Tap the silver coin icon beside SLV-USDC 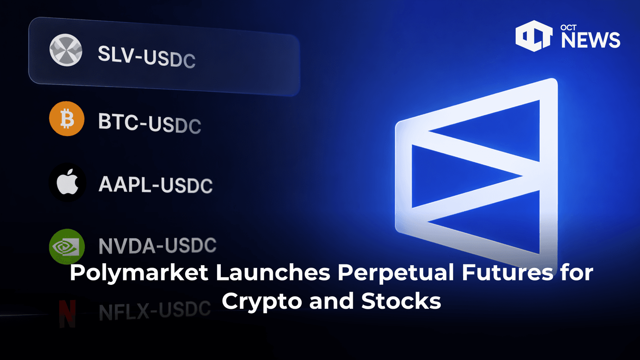pos(66,50)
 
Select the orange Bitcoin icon pos(67,119)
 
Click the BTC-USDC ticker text pos(150,123)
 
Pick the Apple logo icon pos(67,182)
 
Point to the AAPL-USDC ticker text pos(156,185)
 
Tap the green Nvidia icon pos(67,246)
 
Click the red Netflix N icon pos(67,313)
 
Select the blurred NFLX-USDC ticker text pos(155,310)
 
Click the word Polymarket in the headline pos(139,273)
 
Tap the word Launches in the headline pos(273,272)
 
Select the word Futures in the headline pos(508,272)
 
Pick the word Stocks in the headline pos(401,301)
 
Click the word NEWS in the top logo pos(590,40)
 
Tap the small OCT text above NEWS pos(568,28)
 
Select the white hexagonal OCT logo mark pos(534,36)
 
